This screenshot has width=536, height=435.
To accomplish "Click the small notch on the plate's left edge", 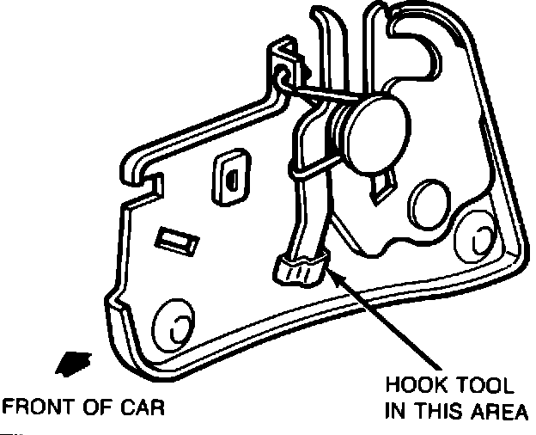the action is point(155,181).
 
